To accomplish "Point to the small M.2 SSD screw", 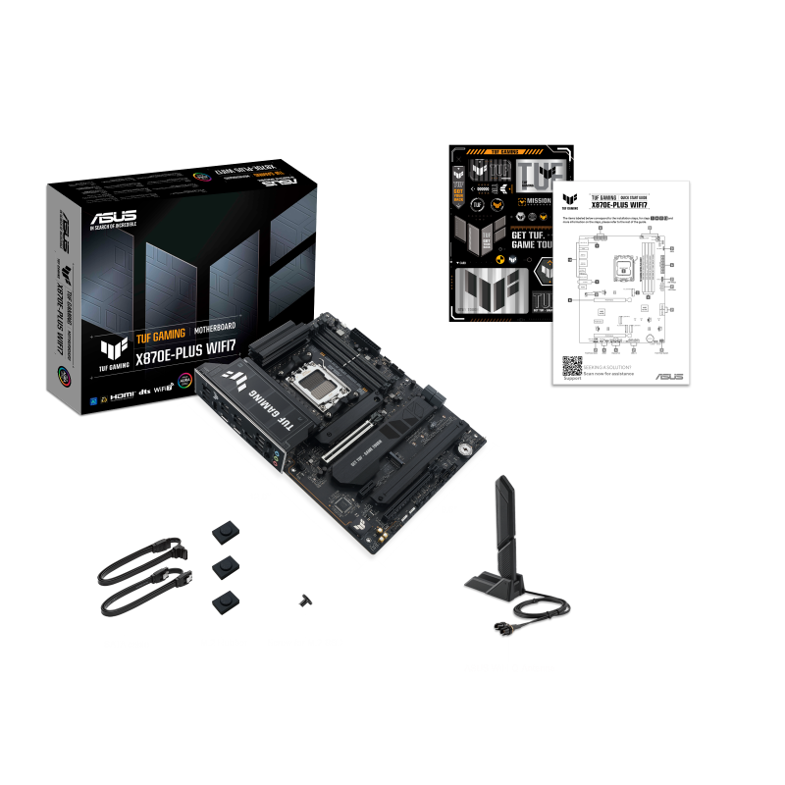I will tap(304, 599).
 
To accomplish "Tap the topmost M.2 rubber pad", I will tap(225, 531).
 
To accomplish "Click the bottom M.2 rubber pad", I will tap(224, 602).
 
